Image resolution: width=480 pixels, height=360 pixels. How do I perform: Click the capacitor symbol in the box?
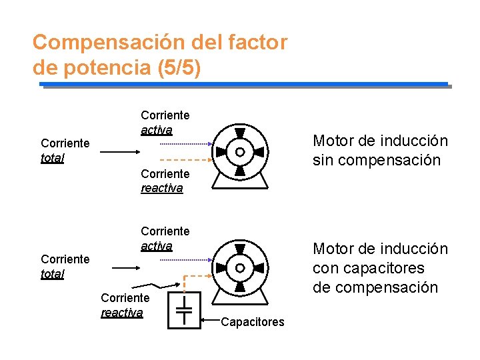coord(185,309)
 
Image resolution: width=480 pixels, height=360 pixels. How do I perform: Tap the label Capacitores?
coord(252,322)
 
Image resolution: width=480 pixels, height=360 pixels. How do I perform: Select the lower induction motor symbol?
coord(240,268)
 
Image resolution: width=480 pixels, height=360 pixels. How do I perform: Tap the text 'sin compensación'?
coord(377,160)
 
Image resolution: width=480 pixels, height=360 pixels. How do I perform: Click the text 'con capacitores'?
coord(369,268)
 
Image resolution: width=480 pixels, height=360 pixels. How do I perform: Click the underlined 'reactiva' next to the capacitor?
coord(122,312)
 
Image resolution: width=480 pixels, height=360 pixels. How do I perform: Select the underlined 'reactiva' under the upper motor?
coord(161,188)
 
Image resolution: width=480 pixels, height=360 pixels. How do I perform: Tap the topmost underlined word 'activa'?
coord(157,129)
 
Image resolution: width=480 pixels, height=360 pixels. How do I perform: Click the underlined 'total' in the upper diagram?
coord(53,159)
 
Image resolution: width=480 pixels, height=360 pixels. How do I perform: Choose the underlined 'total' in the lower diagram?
coord(53,274)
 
